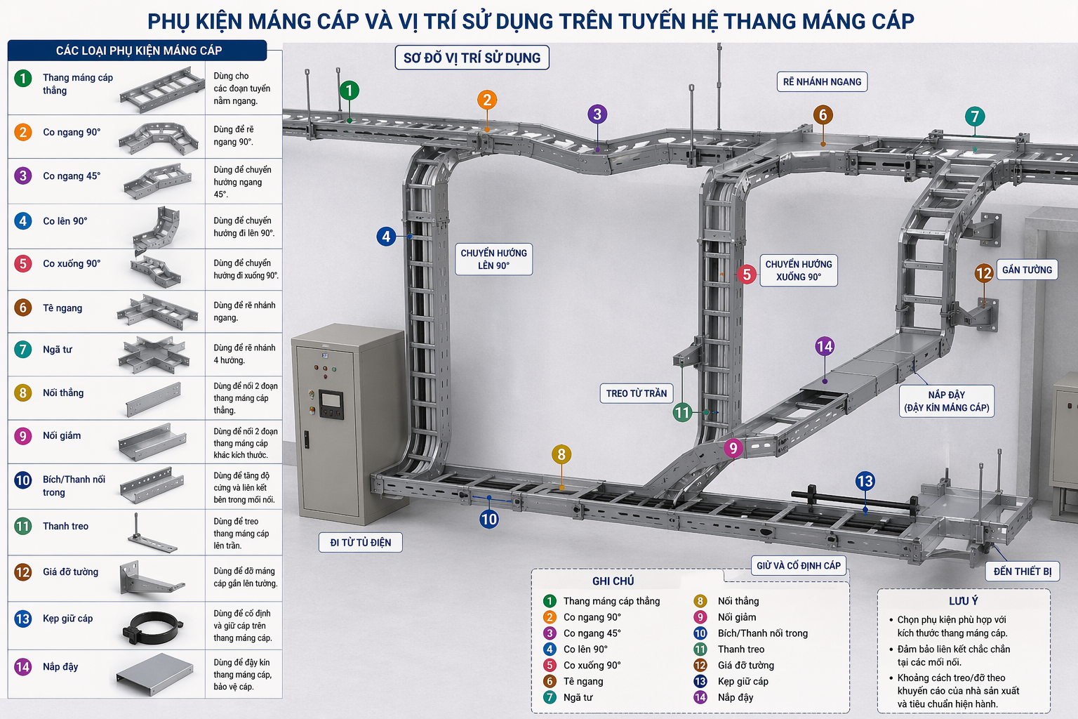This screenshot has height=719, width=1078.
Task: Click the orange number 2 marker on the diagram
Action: click(487, 100)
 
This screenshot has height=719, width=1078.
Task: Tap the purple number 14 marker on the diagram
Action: click(825, 346)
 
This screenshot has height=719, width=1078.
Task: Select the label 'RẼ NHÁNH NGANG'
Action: click(822, 82)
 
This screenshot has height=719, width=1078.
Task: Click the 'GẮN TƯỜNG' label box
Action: click(1027, 270)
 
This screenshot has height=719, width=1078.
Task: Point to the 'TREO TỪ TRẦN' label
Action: click(637, 393)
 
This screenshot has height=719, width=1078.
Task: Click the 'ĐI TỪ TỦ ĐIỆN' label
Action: click(361, 542)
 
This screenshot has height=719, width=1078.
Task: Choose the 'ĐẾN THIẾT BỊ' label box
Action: click(1022, 572)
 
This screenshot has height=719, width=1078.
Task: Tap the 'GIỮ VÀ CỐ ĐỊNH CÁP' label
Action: click(798, 565)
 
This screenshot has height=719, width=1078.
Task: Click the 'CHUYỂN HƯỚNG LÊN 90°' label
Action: click(493, 259)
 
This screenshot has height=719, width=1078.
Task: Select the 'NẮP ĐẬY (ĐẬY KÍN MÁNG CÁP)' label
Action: click(946, 401)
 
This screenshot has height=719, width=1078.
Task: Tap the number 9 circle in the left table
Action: click(23, 436)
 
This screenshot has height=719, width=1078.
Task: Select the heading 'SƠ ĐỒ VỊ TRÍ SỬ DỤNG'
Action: click(472, 58)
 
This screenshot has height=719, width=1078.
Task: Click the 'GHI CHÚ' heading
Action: click(613, 581)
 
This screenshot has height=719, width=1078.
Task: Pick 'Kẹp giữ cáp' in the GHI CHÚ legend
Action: click(743, 681)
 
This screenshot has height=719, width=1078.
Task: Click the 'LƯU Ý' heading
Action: click(963, 601)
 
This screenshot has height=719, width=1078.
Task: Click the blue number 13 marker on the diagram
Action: click(865, 481)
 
